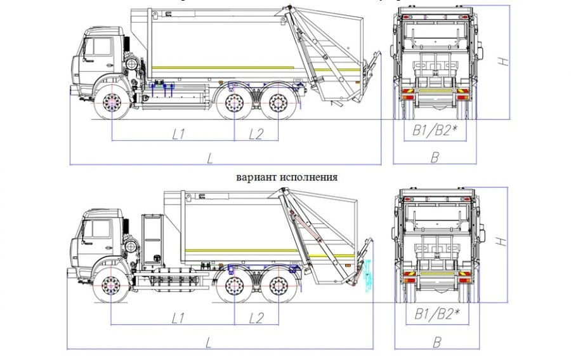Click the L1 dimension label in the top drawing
pos(178,133)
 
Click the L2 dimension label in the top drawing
pos(255,133)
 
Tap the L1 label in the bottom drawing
pos(178,316)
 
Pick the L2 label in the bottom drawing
pos(255,316)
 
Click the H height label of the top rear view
pos(502,62)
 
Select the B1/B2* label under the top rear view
pos(435,131)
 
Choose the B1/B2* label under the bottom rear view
pos(435,314)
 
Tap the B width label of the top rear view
pos(435,157)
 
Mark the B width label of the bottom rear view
pos(436,342)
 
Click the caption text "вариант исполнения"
pos(286,177)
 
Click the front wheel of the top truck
pos(112,103)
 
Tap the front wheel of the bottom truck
pos(111,286)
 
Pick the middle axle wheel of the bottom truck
pos(233,286)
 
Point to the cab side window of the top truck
pos(98,46)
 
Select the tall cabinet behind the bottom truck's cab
pos(152,241)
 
